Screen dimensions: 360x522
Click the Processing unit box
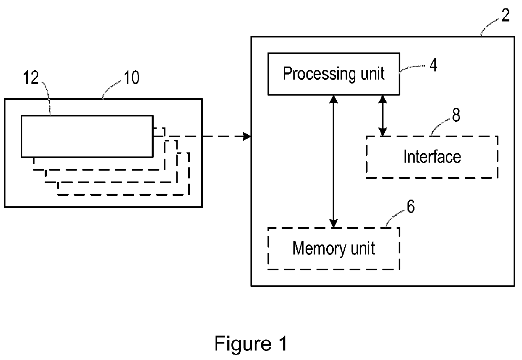click(x=333, y=74)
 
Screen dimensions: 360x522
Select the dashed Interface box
click(x=432, y=157)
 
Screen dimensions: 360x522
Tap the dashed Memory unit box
click(x=333, y=248)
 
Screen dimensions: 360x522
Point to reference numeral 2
click(x=505, y=16)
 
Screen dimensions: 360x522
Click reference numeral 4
click(x=433, y=66)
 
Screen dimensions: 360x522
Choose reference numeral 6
click(x=410, y=207)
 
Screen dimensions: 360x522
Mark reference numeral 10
click(x=131, y=77)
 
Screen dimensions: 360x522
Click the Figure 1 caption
click(x=251, y=344)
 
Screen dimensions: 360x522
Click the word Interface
click(x=432, y=157)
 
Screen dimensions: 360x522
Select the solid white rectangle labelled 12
click(x=87, y=136)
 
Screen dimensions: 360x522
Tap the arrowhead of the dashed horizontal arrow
click(x=248, y=136)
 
